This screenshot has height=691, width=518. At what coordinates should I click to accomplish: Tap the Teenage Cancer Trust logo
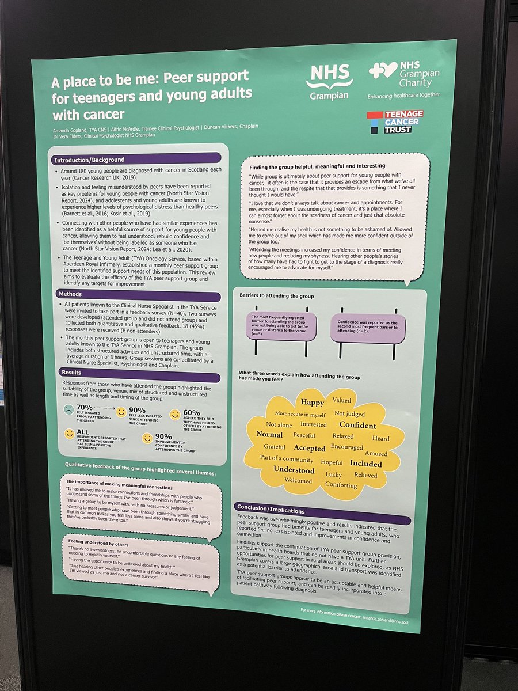pos(395,122)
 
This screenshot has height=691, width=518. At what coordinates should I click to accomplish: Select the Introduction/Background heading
pos(90,160)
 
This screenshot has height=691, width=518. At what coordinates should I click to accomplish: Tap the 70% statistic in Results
pos(85,407)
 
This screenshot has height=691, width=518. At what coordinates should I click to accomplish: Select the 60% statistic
pos(191,412)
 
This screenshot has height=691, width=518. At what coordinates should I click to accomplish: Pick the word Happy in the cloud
pos(312,403)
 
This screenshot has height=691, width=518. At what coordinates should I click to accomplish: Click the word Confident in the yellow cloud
pos(357,426)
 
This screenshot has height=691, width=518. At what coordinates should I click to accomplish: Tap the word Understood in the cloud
pos(294,470)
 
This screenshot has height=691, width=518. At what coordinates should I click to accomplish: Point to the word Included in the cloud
pos(365,464)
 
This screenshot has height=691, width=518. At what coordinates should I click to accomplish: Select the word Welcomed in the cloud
pos(298,481)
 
